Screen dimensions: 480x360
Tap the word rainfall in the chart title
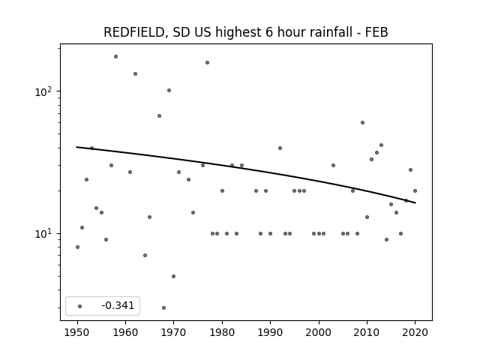coord(312,31)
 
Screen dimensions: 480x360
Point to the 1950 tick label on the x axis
coord(77,332)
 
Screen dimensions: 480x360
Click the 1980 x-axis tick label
coord(222,332)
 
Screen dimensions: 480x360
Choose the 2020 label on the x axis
coord(415,332)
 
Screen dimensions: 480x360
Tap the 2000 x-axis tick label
coord(319,332)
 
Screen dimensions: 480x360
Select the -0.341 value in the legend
coord(118,305)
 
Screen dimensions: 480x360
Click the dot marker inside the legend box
coord(80,306)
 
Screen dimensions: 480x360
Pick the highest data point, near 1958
coord(115,57)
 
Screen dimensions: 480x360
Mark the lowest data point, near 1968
coord(163,307)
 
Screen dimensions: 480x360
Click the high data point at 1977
coord(207,63)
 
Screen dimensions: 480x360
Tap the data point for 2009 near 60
coord(362,123)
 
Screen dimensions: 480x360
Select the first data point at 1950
coord(77,247)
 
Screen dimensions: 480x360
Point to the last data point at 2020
coord(415,190)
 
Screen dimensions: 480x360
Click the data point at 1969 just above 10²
coord(169,90)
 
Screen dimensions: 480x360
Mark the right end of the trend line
coord(415,202)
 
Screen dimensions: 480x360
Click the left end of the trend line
coord(76,147)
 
